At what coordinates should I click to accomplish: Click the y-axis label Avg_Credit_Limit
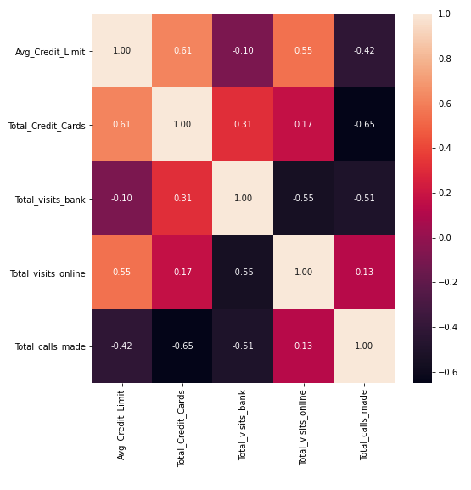click(50, 52)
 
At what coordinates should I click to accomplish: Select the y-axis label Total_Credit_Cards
click(47, 126)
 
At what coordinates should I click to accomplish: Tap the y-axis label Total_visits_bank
click(50, 200)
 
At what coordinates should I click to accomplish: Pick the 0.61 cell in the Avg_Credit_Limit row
click(182, 51)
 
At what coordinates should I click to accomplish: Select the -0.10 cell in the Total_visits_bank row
click(122, 199)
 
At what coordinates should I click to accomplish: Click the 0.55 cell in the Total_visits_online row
click(122, 273)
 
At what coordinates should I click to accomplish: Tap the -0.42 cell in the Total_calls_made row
click(122, 346)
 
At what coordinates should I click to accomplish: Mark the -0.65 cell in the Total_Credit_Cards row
click(364, 125)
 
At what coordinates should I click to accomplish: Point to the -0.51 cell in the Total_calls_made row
click(243, 346)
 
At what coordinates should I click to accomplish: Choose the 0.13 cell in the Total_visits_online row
click(364, 273)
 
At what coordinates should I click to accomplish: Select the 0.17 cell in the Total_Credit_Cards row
click(303, 125)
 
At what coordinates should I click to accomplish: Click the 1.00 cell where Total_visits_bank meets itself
click(243, 199)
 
